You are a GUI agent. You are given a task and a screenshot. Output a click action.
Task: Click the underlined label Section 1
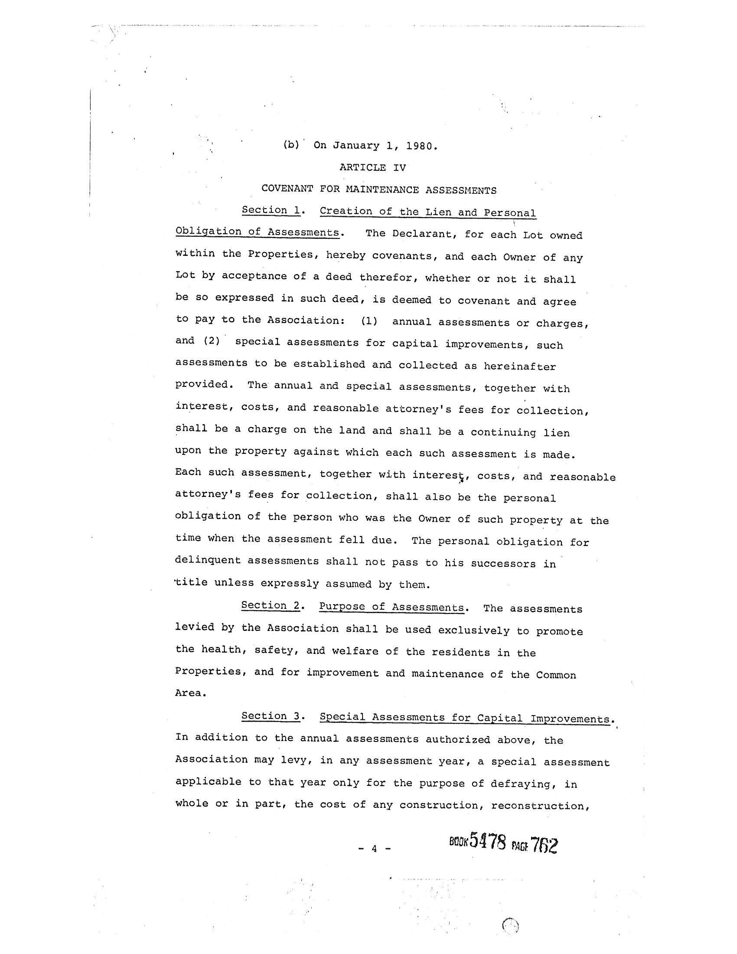(x=271, y=210)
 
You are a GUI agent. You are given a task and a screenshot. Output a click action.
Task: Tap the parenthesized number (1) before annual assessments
(x=369, y=321)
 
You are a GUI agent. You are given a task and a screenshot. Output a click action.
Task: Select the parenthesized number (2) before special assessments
(x=211, y=341)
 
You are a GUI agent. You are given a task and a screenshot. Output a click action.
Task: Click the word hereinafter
(x=519, y=366)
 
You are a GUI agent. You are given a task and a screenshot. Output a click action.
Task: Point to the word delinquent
(x=208, y=560)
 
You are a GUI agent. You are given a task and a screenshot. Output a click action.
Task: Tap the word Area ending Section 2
(x=188, y=693)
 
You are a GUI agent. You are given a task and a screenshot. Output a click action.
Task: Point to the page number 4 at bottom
(x=374, y=849)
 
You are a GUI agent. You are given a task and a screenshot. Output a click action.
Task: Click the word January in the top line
(x=356, y=145)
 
